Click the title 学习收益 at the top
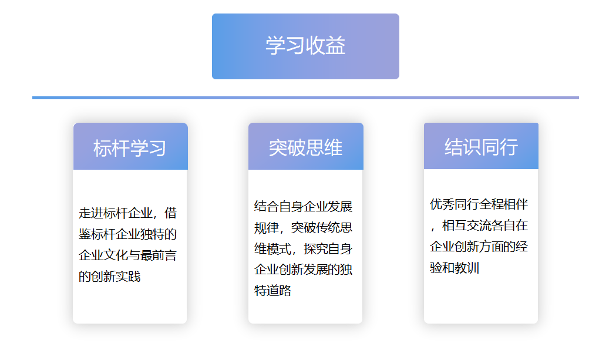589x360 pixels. pos(305,45)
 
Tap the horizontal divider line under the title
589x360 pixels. pos(305,97)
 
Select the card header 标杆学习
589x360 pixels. pos(130,148)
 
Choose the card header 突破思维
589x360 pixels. pos(305,147)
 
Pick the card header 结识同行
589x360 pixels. pos(481,147)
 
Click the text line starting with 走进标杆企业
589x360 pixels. pos(127,213)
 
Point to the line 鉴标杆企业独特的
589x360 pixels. pos(127,234)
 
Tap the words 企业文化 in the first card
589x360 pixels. pos(103,255)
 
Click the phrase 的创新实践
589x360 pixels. pos(109,277)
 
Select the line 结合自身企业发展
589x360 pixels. pos(303,206)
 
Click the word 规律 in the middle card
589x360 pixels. pos(267,227)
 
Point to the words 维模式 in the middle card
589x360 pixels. pos(272,248)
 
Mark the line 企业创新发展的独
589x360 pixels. pos(303,270)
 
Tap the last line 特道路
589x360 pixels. pos(272,291)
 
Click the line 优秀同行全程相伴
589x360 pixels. pos(479,204)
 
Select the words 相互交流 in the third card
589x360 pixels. pos(466,226)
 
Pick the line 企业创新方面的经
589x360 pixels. pos(479,247)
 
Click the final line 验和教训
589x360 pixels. pos(455,268)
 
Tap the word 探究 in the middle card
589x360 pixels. pos(315,248)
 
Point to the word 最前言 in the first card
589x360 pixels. pos(159,255)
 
